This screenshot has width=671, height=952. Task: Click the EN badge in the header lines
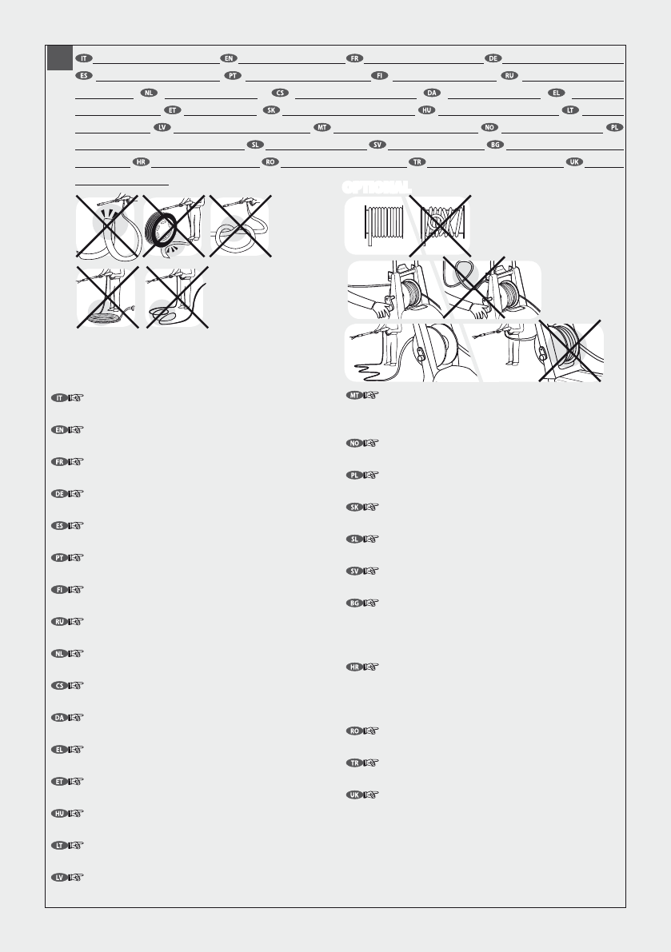coord(229,58)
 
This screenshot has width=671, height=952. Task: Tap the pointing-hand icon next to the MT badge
coord(370,396)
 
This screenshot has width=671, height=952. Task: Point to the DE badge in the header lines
coord(494,58)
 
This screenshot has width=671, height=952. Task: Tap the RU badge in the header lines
coord(509,76)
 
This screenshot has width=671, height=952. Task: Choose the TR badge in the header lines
coord(416,162)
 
